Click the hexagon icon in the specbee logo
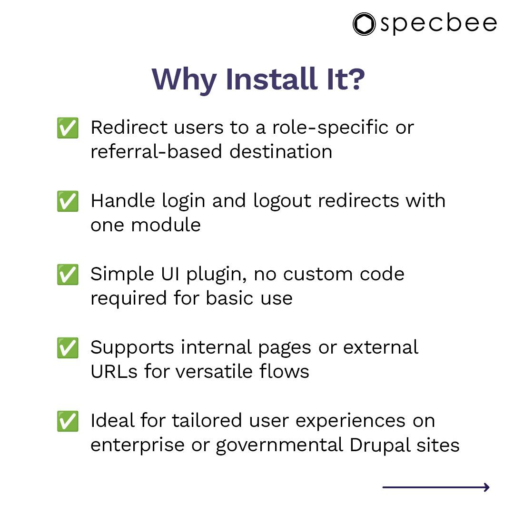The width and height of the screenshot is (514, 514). [x=364, y=24]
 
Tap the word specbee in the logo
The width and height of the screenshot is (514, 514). [x=438, y=24]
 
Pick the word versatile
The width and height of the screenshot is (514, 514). [x=217, y=371]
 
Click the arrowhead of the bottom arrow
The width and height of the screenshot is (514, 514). [x=486, y=487]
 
